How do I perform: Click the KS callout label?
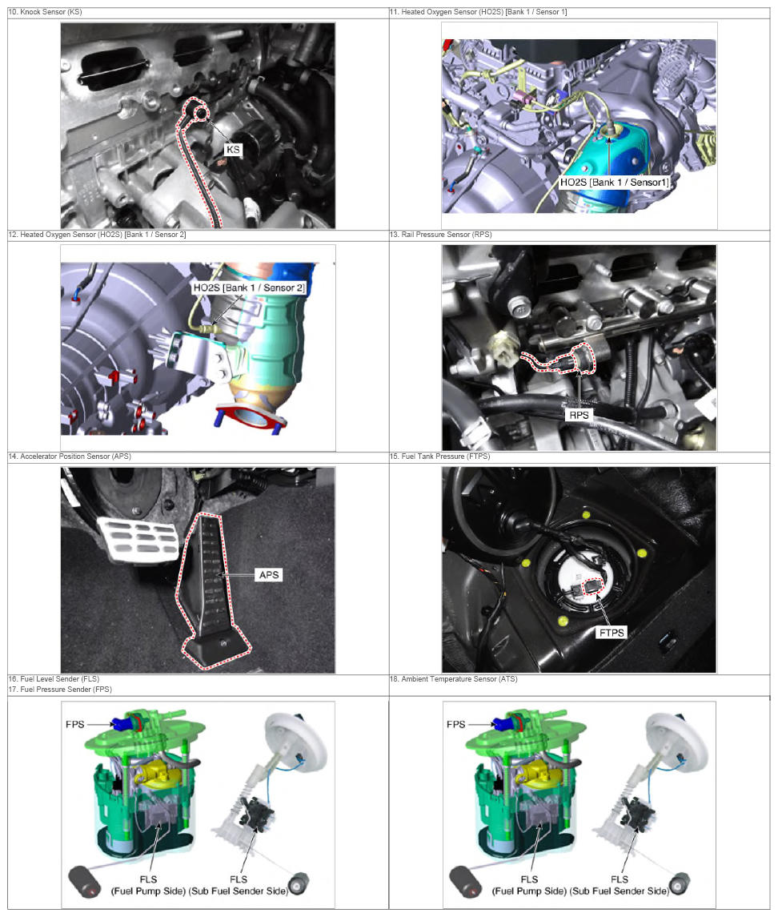233,150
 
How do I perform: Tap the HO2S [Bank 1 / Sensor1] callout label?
615,183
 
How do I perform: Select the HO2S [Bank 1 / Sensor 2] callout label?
249,288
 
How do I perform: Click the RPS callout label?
579,415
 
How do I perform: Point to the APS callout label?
269,575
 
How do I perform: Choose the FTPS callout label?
612,632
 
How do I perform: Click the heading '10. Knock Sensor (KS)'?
45,12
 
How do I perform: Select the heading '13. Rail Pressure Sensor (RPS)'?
441,235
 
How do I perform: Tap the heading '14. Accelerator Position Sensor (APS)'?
70,456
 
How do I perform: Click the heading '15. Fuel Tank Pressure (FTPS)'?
440,456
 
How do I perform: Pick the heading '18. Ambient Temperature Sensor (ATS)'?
454,679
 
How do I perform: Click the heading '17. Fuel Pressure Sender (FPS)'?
59,690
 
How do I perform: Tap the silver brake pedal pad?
138,539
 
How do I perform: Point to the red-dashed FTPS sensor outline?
593,587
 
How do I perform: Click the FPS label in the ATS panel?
456,725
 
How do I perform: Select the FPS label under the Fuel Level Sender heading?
74,725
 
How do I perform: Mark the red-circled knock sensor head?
199,113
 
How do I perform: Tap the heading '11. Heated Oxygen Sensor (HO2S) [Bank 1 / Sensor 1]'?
478,12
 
